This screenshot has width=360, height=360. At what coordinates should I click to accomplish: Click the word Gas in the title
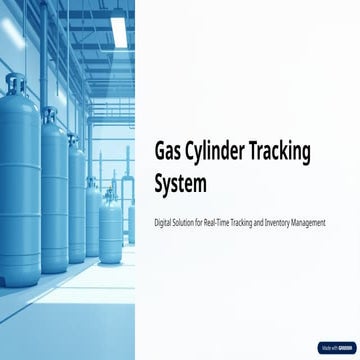coord(172,150)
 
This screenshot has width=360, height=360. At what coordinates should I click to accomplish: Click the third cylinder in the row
coord(77,200)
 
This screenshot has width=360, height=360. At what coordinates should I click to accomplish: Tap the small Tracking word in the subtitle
coord(249,221)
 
